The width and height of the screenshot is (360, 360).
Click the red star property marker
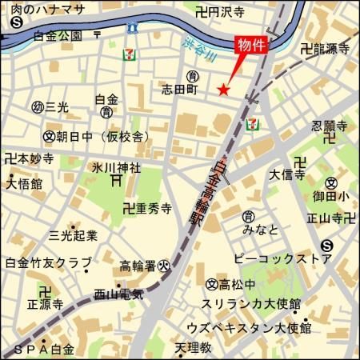click(x=224, y=90)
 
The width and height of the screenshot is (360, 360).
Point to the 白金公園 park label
click(x=58, y=35)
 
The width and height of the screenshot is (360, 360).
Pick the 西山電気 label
click(x=118, y=294)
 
